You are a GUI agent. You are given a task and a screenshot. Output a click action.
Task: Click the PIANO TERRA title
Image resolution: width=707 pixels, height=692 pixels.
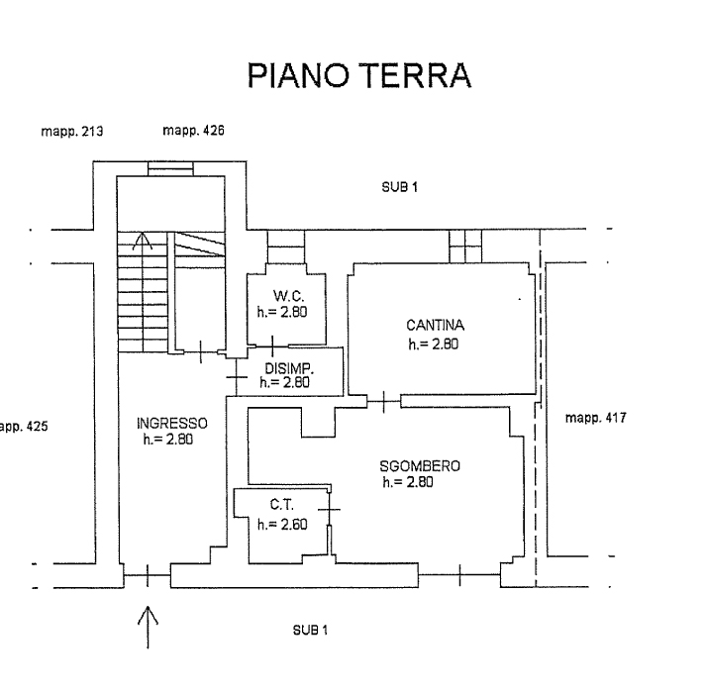tap(359, 75)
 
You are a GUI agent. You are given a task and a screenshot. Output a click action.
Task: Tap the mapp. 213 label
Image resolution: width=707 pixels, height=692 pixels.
tap(72, 132)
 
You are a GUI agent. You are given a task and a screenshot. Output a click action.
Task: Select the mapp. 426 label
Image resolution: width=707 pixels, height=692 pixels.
tap(193, 131)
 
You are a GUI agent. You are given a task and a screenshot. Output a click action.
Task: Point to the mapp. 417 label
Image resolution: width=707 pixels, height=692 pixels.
tap(596, 418)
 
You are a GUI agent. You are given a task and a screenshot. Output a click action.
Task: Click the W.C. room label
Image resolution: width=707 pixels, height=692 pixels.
tap(288, 296)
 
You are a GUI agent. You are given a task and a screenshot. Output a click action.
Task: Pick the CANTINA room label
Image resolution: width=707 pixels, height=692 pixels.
tap(435, 325)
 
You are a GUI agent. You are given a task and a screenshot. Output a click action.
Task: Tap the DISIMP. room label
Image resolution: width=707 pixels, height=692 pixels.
tap(289, 368)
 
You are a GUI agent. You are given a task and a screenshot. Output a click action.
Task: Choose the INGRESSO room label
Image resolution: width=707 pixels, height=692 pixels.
tap(171, 424)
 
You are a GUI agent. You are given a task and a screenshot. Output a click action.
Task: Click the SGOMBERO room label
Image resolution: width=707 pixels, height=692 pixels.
tap(420, 465)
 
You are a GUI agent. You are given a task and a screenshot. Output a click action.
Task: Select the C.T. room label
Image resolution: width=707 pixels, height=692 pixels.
tap(282, 504)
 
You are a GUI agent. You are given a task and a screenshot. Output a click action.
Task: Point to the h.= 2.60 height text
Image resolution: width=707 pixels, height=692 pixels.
tap(282, 525)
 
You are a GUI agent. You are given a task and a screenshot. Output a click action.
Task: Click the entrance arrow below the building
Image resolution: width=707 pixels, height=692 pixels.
tap(148, 627)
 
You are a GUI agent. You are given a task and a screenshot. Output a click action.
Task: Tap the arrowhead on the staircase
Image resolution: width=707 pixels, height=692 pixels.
tap(142, 242)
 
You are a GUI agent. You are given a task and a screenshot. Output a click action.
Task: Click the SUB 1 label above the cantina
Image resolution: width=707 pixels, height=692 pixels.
tap(399, 187)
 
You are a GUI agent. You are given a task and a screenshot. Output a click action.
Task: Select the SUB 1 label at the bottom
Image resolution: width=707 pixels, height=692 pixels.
tap(310, 630)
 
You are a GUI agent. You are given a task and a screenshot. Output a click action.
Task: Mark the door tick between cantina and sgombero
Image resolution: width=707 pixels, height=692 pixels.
tap(384, 401)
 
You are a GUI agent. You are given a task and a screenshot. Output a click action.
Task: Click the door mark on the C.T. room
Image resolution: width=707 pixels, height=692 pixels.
tap(330, 510)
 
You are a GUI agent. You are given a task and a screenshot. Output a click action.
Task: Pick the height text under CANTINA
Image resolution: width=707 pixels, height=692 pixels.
tap(434, 344)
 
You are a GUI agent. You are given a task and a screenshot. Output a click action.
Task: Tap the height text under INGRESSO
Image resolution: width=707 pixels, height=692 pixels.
tap(168, 440)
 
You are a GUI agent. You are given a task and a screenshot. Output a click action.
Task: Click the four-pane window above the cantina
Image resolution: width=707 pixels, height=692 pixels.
tap(465, 247)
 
